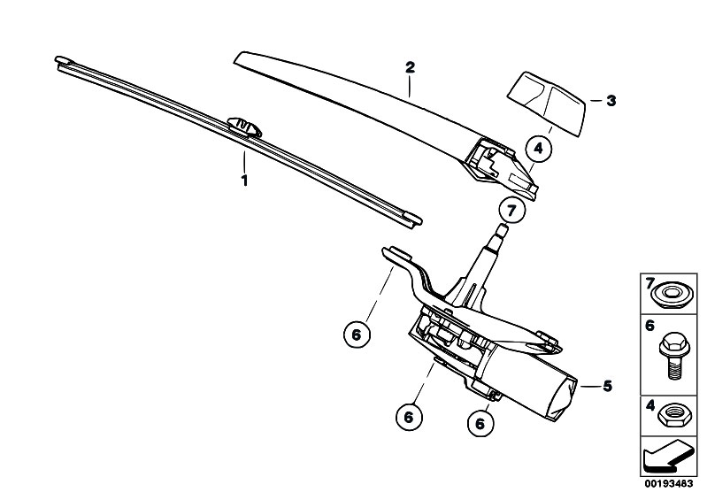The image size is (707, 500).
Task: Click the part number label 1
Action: click(244, 181)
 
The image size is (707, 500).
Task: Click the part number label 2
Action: click(410, 67)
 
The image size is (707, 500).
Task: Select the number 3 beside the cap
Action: click(611, 101)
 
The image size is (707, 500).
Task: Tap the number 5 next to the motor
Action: click(608, 387)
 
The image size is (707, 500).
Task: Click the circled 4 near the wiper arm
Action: click(539, 148)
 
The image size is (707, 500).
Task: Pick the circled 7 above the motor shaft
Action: click(511, 211)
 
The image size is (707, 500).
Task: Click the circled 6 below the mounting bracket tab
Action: click(357, 335)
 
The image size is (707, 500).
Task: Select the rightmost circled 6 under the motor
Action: click(480, 423)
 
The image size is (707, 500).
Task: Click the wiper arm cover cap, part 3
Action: click(547, 103)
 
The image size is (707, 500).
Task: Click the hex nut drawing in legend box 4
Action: click(671, 415)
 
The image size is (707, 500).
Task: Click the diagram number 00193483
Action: click(668, 484)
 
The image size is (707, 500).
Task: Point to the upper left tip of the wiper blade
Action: click(58, 59)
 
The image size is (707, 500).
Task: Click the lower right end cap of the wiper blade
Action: click(413, 220)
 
